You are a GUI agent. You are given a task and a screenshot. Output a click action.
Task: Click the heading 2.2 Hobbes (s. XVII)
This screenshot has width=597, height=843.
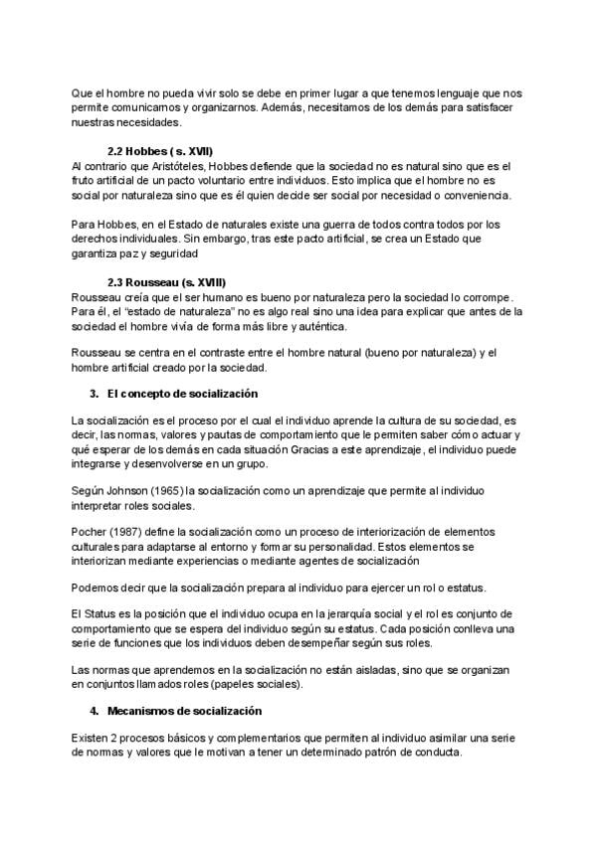160,151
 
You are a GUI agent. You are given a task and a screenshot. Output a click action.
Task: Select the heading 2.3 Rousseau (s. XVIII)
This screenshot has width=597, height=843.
166,282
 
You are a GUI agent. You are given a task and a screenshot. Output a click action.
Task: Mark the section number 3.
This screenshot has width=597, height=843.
95,394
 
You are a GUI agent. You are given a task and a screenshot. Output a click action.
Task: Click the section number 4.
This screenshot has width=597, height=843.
95,711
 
